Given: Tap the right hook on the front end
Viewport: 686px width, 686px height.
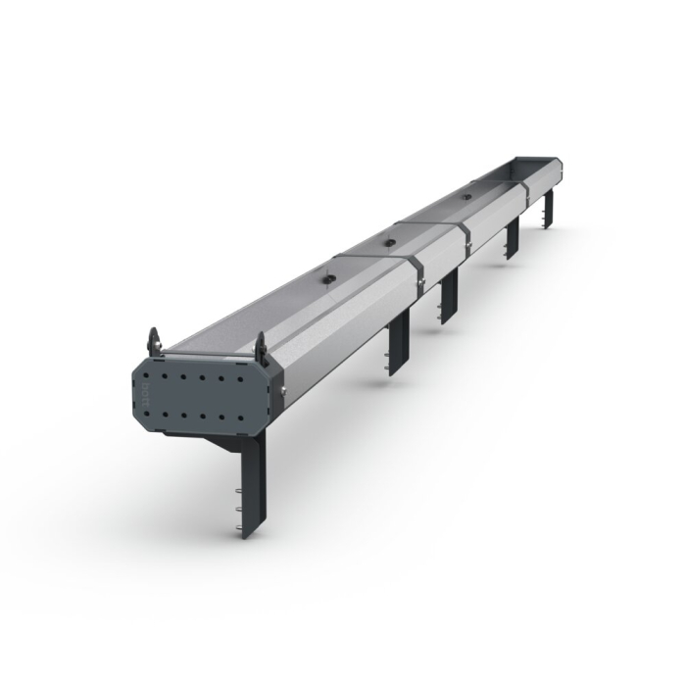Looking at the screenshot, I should click(x=261, y=345).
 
